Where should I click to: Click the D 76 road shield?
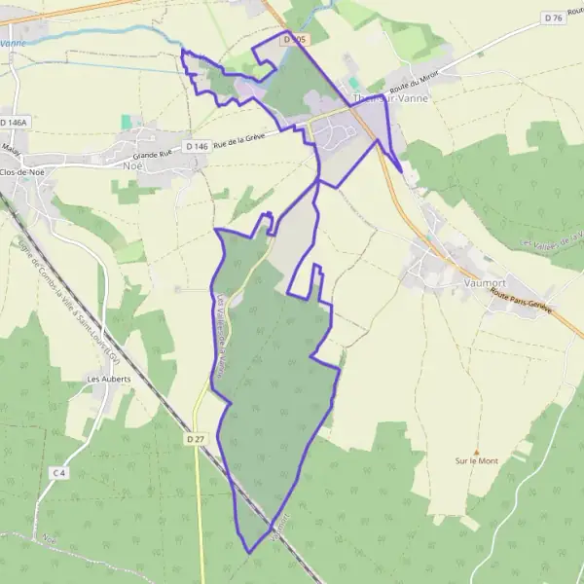(554, 18)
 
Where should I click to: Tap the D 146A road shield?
(15, 123)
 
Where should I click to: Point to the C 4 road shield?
(59, 472)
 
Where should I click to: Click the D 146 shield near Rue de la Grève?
(194, 146)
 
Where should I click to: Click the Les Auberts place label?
(108, 379)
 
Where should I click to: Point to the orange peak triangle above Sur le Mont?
(476, 452)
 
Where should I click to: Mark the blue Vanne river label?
(12, 44)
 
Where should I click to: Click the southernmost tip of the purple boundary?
(250, 553)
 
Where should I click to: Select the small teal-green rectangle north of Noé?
(127, 122)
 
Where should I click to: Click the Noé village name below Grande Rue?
(132, 165)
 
